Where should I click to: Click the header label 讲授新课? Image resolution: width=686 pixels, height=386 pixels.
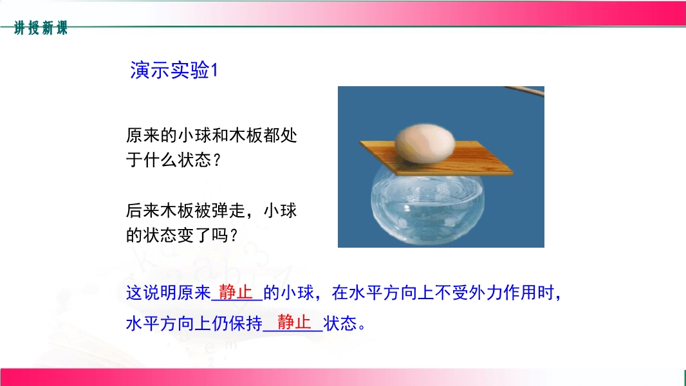pos(41,28)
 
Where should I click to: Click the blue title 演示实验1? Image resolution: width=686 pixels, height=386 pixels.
pos(174,70)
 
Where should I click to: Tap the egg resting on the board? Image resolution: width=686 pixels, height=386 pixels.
pos(425,143)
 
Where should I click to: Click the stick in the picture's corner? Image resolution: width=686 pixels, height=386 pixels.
pos(524,91)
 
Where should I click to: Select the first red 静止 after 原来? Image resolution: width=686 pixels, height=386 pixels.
pos(236,292)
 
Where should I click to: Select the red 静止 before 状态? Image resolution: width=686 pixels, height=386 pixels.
pos(294,322)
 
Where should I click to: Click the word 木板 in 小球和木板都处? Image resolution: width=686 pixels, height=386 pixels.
pos(246,136)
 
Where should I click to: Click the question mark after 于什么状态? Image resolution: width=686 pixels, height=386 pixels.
pos(218,160)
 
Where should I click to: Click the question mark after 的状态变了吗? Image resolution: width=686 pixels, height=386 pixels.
pos(234,236)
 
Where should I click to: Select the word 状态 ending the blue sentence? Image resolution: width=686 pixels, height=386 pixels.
pos(340,324)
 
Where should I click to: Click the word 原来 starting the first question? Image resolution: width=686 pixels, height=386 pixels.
pos(143,136)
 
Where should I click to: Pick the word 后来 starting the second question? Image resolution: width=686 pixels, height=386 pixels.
pos(143,211)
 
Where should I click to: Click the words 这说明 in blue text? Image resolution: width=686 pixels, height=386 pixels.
pos(151,293)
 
